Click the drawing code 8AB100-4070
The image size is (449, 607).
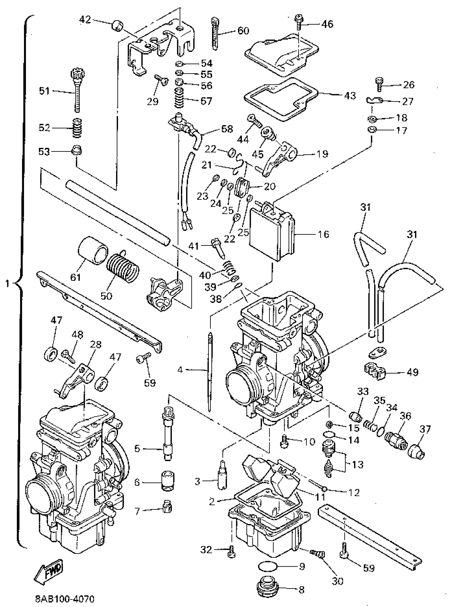coord(65,599)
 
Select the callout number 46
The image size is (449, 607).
coord(327,24)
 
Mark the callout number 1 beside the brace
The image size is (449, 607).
coord(8,284)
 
